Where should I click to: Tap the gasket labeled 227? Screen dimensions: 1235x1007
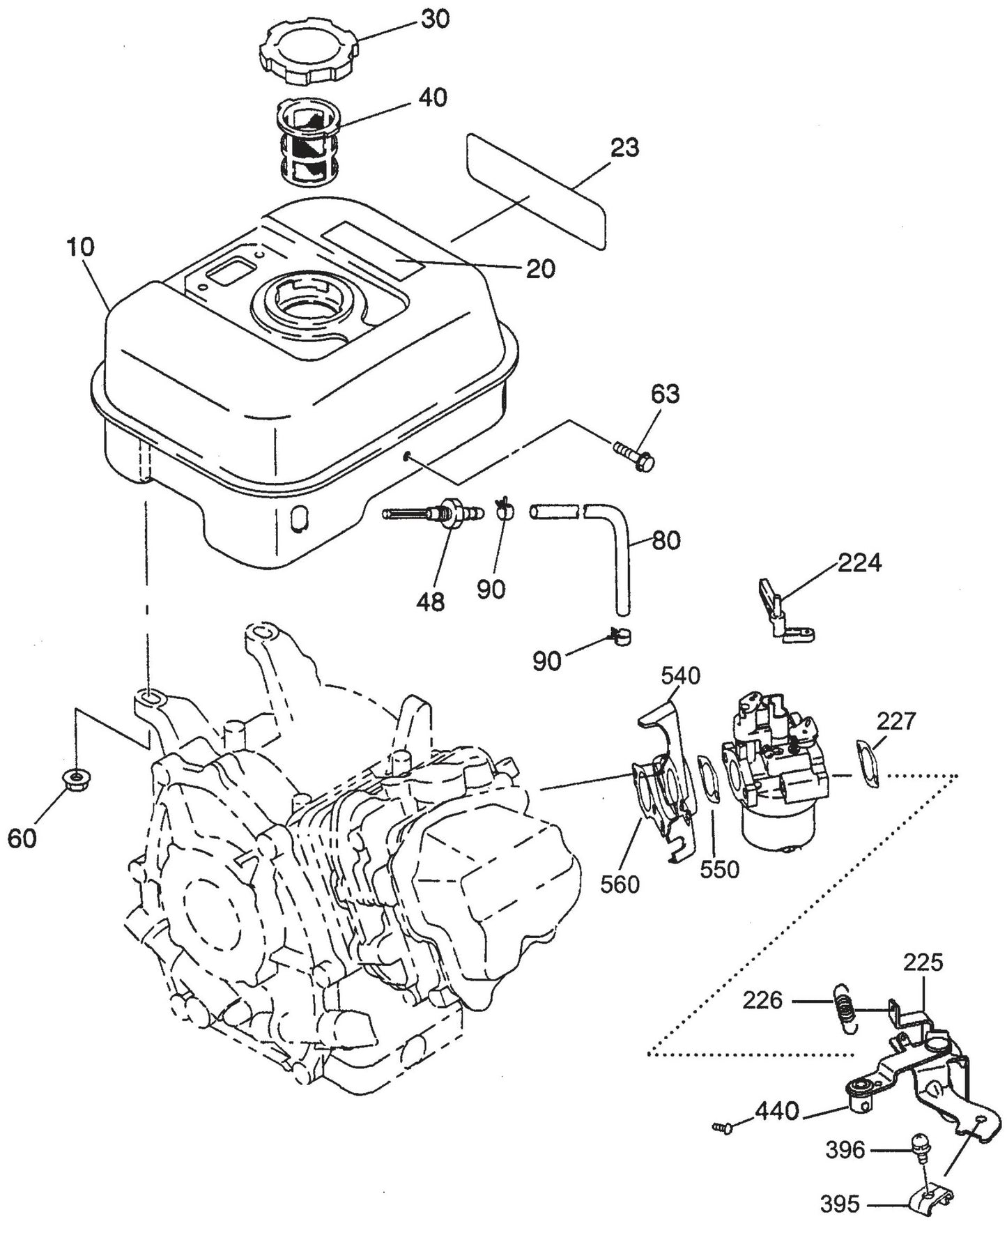[868, 763]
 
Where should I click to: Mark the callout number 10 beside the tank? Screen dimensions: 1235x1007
[81, 247]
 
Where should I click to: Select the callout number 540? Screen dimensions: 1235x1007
[680, 675]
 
